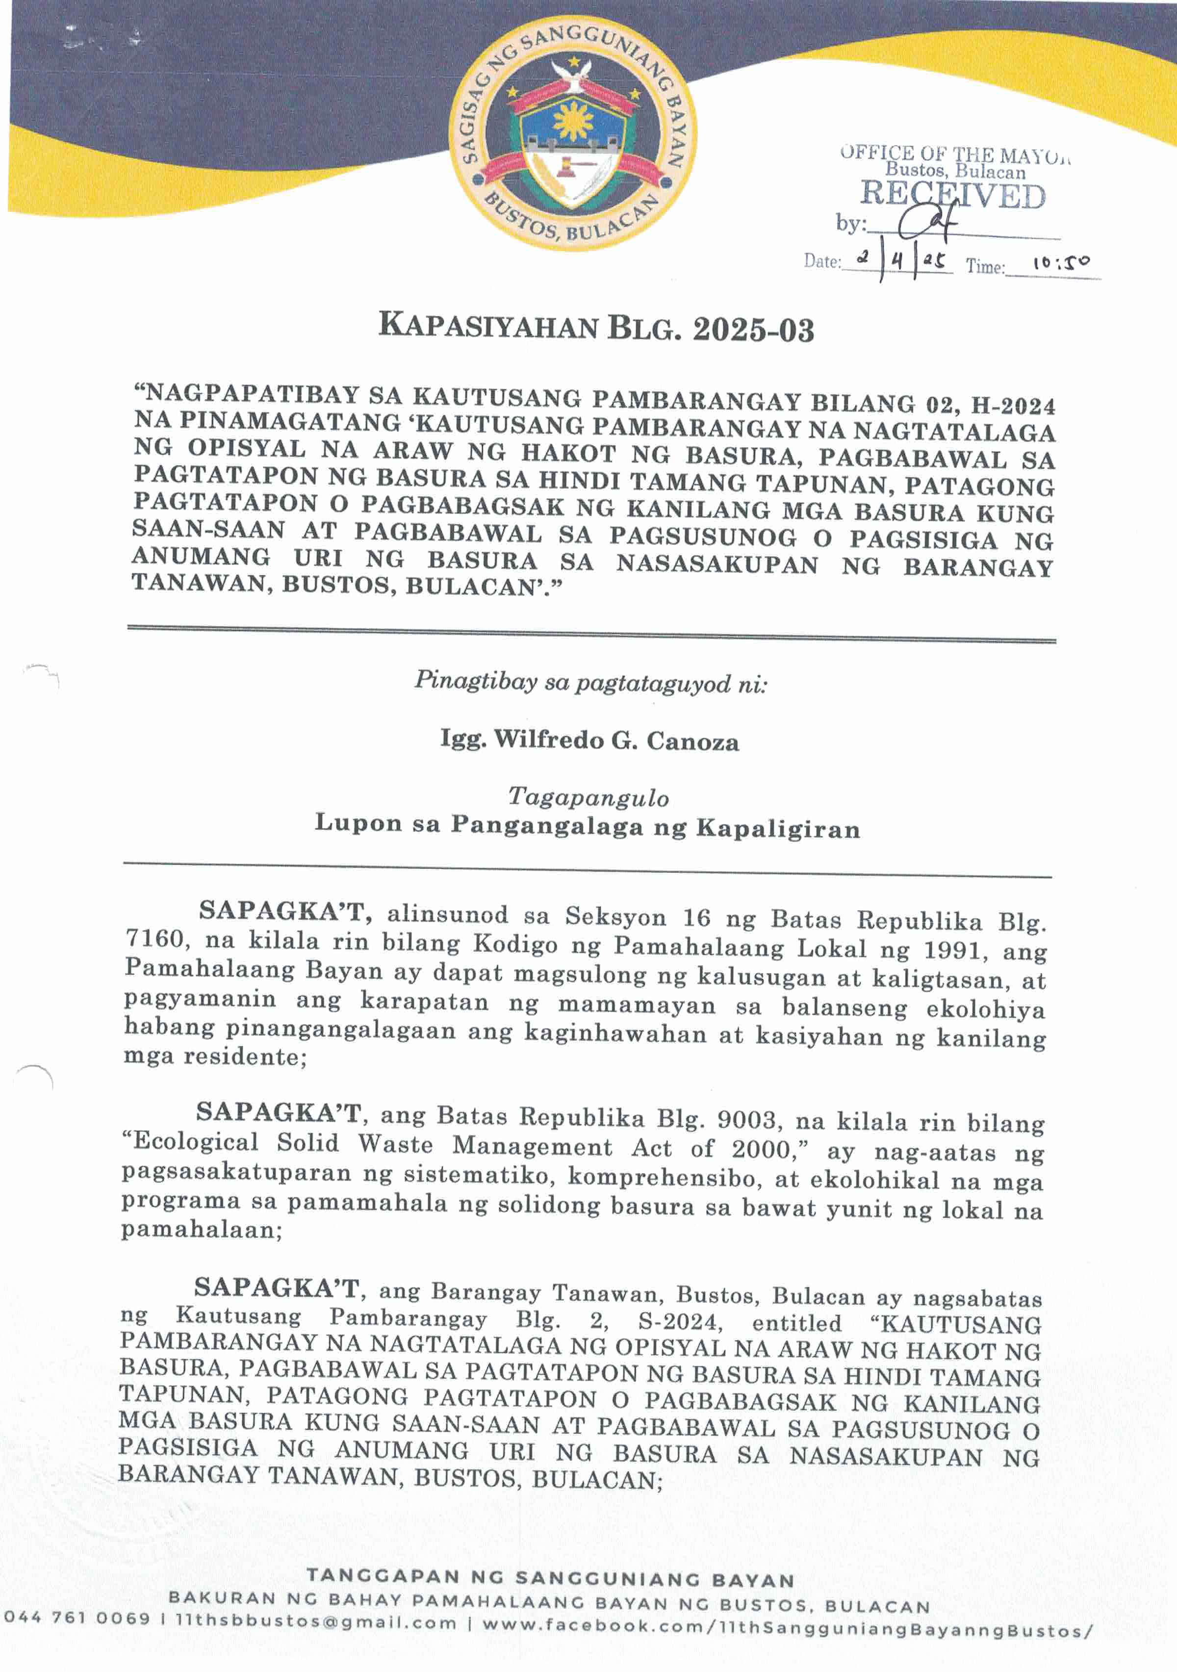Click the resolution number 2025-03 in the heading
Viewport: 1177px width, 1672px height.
(x=753, y=330)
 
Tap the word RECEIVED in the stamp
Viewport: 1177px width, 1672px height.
(x=953, y=195)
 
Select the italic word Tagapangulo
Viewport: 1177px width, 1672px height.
(x=588, y=797)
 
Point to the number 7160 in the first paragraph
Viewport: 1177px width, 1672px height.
(x=154, y=939)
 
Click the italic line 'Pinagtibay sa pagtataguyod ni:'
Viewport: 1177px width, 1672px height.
(x=590, y=682)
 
